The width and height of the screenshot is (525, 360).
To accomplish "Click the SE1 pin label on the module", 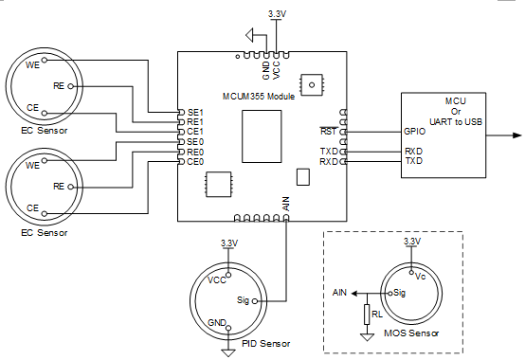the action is pos(195,113).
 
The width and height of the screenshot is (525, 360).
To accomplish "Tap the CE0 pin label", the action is pos(195,162).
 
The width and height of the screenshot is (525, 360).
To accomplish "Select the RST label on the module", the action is pos(328,131).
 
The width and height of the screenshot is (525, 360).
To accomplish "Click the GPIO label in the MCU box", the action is pos(414,131).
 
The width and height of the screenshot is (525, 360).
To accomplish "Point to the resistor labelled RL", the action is pos(367,315).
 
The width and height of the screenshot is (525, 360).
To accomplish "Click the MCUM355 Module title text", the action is pos(259,97).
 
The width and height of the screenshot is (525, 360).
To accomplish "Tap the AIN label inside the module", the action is pos(286,204).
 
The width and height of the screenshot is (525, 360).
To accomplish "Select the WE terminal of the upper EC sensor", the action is pos(45,60).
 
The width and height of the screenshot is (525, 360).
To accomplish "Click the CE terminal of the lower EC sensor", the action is pos(45,213).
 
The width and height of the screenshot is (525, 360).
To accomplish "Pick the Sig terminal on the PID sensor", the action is pos(255,301).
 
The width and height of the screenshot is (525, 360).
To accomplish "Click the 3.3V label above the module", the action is pos(277,14).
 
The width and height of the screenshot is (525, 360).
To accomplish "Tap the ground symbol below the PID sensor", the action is pos(228,353).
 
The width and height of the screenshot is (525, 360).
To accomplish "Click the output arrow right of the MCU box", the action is pos(503,135).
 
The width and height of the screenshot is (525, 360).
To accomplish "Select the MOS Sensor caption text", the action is pos(411,333).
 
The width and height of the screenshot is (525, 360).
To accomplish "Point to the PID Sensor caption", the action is pos(266,344).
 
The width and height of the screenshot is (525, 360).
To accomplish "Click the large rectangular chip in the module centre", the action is pos(262,136).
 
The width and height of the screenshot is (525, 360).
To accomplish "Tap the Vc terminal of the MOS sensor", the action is pos(412,272).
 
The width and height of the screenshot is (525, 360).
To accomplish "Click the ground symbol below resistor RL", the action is pos(367,337).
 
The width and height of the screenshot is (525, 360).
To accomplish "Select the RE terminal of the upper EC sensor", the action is pos(71,86).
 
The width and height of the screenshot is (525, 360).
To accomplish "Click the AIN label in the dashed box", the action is pos(339,293).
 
